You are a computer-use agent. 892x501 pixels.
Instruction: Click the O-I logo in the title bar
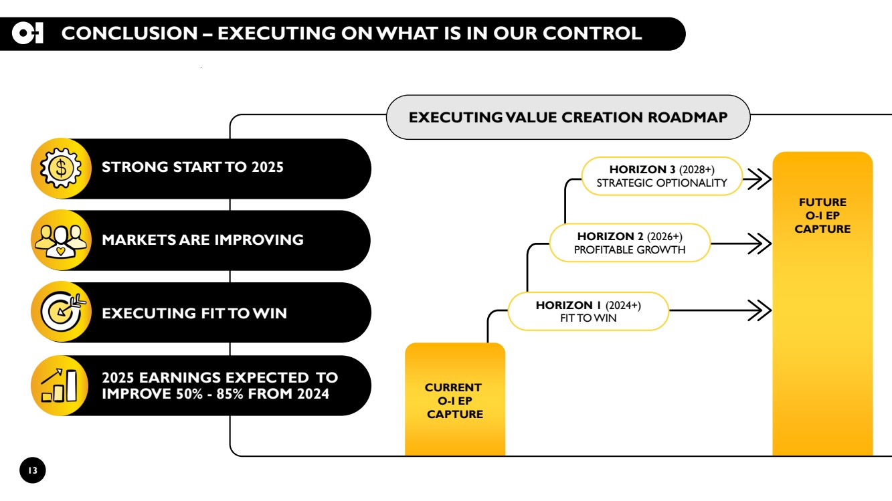[27, 33]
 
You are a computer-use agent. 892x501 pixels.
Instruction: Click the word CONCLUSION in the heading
[129, 33]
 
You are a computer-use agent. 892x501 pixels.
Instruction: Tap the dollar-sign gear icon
[61, 168]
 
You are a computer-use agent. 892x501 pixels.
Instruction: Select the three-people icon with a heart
[60, 241]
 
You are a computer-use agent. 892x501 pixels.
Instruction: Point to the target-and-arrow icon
[62, 311]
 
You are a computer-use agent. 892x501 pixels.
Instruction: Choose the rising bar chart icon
[59, 385]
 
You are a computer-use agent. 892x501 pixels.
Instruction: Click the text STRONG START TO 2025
[192, 167]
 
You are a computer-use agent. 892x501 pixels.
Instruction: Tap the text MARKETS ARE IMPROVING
[203, 240]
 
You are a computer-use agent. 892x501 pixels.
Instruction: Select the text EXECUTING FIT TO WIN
[194, 313]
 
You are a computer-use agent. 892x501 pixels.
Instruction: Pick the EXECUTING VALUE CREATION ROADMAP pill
[568, 117]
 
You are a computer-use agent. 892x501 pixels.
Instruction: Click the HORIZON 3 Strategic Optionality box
[662, 176]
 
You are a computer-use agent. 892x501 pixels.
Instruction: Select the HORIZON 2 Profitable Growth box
[630, 243]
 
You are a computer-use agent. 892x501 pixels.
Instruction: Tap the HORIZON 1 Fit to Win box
[588, 311]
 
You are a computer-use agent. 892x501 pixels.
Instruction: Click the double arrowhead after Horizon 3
[760, 179]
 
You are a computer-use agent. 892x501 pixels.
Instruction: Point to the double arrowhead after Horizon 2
[760, 243]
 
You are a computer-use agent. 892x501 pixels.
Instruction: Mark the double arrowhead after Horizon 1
[760, 310]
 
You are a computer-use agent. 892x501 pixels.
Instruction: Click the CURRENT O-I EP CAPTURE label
[454, 401]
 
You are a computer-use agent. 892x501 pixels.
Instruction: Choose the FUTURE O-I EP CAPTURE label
[822, 215]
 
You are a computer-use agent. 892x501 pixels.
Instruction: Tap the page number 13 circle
[33, 470]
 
